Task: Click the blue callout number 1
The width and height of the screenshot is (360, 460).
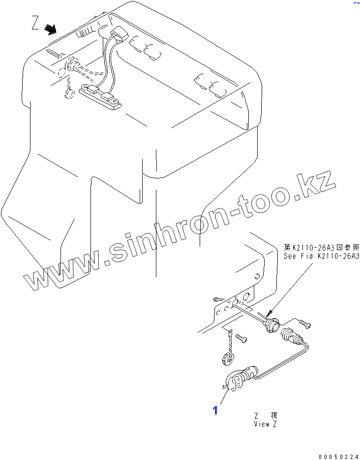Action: tap(215, 410)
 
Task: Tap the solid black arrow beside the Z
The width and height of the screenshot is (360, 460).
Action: tap(50, 29)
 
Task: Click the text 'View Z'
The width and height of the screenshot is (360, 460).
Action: tap(266, 424)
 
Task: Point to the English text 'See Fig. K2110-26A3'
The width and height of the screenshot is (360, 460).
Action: tap(321, 256)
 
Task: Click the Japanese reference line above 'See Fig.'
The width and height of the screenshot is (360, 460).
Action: tap(321, 247)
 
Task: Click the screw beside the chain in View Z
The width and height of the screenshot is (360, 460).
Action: tap(241, 338)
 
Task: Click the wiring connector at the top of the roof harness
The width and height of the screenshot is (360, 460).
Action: tap(118, 36)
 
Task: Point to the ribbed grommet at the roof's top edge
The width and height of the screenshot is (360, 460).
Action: tap(85, 33)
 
